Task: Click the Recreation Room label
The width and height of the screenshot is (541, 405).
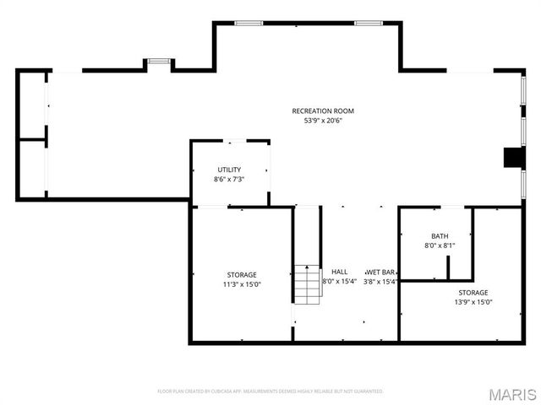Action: (323, 111)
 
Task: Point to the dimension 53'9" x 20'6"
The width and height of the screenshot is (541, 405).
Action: (323, 121)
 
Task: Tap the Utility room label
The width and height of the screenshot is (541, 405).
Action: (229, 170)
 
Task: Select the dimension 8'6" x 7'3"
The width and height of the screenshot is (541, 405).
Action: (229, 179)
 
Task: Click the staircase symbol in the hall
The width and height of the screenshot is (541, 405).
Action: (308, 284)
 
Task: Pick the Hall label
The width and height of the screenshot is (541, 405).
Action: (339, 272)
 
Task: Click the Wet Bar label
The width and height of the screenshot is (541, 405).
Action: (381, 272)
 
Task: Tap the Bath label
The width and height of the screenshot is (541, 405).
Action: (440, 236)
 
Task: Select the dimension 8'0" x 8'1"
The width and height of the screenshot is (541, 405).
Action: (440, 246)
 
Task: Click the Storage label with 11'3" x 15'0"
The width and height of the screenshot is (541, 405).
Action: (242, 275)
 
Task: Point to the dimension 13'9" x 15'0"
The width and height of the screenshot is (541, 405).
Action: (473, 302)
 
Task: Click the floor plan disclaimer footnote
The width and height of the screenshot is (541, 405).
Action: (270, 391)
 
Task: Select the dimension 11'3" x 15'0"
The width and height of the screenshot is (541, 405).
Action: (242, 284)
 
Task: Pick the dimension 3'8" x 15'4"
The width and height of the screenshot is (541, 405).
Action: (381, 282)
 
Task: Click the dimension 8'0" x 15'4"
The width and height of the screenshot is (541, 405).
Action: (339, 282)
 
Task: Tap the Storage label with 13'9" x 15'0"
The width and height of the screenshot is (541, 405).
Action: (473, 292)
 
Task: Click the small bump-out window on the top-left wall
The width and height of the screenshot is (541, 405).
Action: (158, 62)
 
